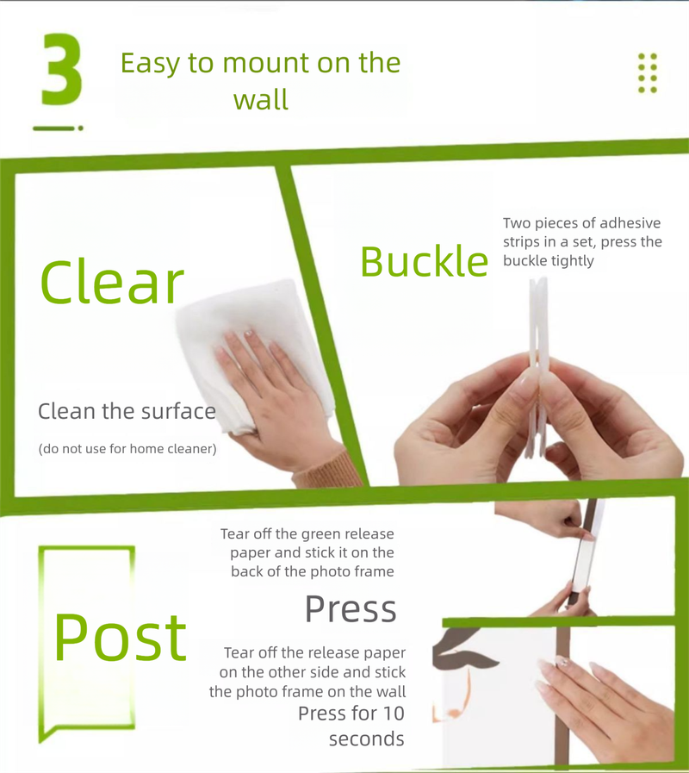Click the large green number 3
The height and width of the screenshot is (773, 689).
click(62, 69)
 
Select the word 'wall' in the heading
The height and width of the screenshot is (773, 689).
click(261, 100)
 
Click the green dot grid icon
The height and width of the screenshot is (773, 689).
click(648, 73)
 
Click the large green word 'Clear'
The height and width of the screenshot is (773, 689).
click(112, 283)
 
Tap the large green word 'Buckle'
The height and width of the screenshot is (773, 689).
click(425, 261)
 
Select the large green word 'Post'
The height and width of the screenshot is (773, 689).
click(120, 638)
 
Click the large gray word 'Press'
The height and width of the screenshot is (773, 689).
click(351, 609)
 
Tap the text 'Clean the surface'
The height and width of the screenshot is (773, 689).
click(127, 411)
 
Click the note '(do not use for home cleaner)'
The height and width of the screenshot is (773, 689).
click(127, 449)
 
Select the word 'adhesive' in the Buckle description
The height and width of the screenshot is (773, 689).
click(630, 223)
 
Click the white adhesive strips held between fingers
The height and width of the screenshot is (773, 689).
click(537, 365)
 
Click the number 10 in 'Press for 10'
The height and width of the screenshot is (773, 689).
click(394, 714)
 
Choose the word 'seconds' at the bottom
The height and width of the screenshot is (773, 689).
click(367, 739)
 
